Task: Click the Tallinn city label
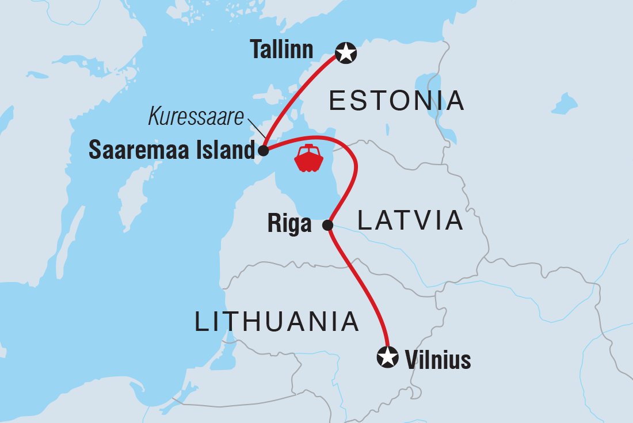click(281, 50)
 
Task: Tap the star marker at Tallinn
click(346, 53)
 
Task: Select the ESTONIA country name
click(396, 101)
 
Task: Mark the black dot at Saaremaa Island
click(263, 151)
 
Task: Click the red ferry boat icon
click(308, 158)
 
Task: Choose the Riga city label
click(289, 224)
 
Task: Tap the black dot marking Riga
click(327, 224)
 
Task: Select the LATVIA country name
click(410, 220)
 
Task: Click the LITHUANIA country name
click(277, 321)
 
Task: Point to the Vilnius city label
click(438, 360)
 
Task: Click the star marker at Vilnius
click(387, 357)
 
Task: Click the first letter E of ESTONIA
click(337, 101)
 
